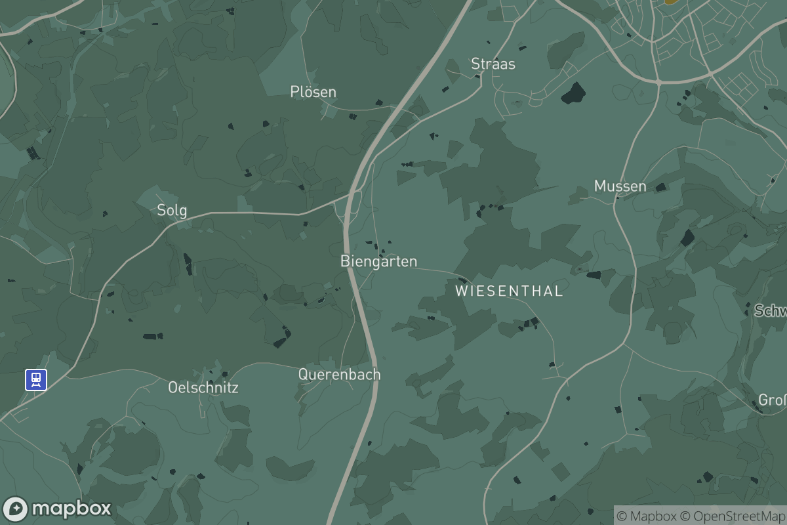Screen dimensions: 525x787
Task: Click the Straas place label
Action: coord(493,64)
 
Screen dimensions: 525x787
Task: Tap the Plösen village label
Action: coord(313,92)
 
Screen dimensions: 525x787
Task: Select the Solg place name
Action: coord(172,210)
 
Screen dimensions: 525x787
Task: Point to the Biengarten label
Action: coord(378,261)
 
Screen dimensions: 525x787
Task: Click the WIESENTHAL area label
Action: coord(509,291)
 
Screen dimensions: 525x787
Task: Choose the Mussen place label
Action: coord(620,186)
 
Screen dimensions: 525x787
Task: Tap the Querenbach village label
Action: coord(339,374)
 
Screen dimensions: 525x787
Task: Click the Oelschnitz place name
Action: coord(203,387)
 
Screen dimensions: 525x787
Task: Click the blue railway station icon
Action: coord(36,379)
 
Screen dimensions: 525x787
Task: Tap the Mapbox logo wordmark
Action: coord(71,509)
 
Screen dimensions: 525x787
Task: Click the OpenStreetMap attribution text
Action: coord(740,516)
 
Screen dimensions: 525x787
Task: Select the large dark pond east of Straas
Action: coord(573,93)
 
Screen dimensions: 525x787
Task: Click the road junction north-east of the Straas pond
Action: coord(658,82)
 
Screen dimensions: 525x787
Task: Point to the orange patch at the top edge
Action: coord(670,2)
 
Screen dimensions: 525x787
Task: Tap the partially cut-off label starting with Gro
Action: coord(772,400)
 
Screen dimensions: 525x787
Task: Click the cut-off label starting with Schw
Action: coord(770,310)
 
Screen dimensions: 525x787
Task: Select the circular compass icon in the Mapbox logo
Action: coord(15,509)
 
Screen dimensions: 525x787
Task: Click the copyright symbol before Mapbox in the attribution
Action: coord(622,516)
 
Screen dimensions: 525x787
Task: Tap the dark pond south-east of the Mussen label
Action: coord(687,238)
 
